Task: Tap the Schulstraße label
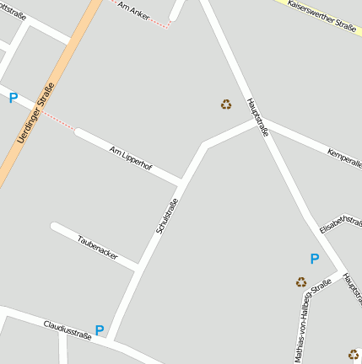click(167, 216)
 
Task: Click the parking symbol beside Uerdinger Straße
click(13, 99)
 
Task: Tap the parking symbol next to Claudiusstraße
click(100, 330)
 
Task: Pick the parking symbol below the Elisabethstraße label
click(315, 259)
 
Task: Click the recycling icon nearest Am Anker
click(226, 104)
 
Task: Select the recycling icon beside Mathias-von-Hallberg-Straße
click(301, 282)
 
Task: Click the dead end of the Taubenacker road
click(55, 227)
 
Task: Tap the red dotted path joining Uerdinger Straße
click(59, 120)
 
